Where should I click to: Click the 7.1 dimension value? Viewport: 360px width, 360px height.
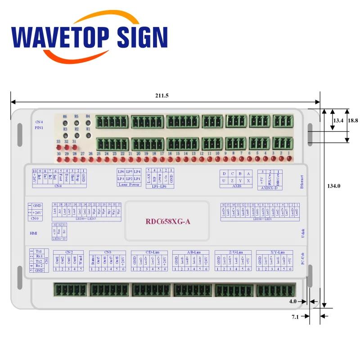click(295, 317)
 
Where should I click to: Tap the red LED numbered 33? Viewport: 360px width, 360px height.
click(58, 147)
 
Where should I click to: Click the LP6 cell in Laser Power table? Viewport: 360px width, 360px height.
click(121, 172)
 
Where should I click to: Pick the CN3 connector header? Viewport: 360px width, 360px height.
click(108, 252)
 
